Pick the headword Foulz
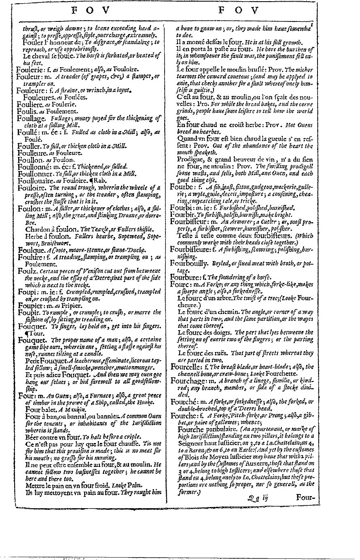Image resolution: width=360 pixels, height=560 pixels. click(x=25, y=268)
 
